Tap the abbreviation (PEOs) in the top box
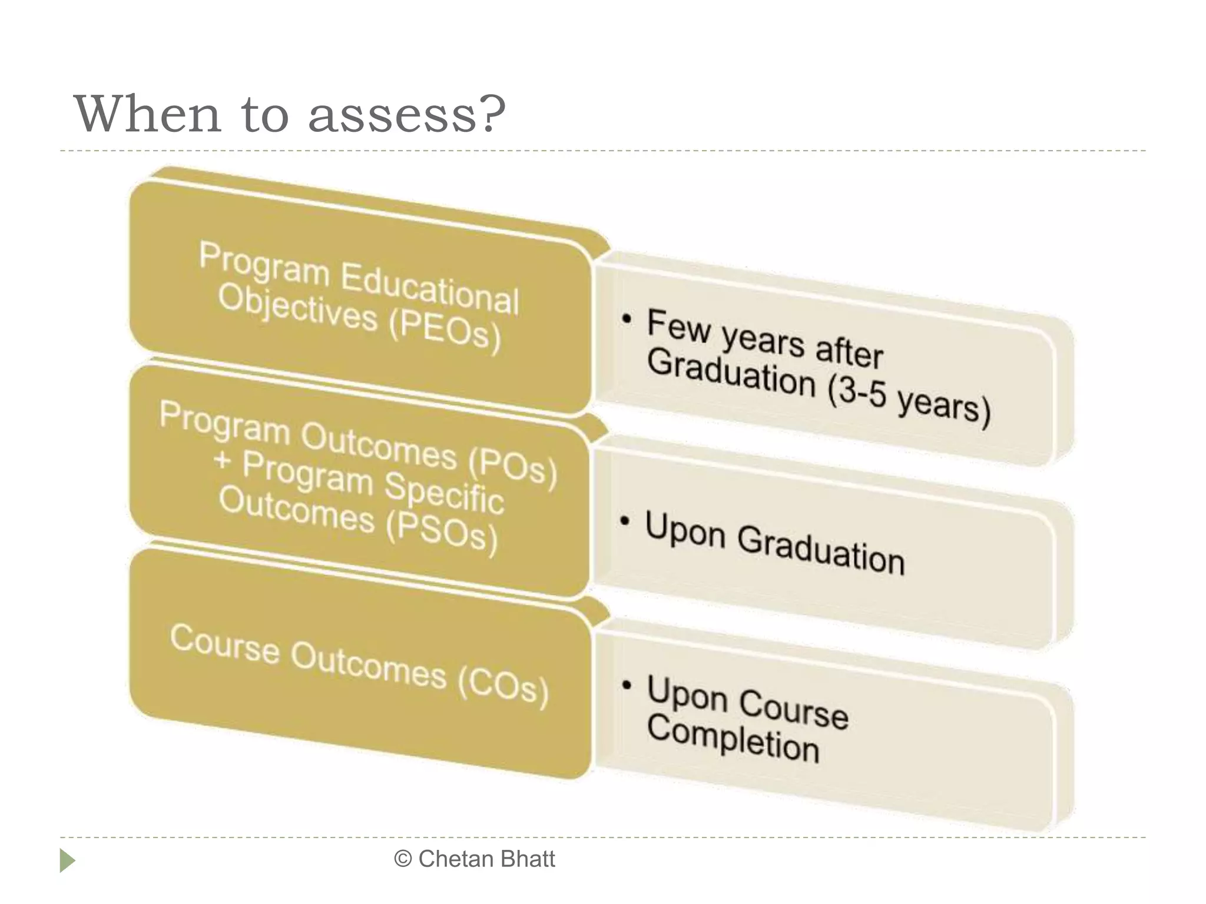click(x=445, y=331)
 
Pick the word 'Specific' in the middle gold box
click(x=445, y=493)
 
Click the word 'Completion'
click(x=733, y=738)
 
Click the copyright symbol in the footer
click(x=403, y=859)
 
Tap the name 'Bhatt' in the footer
click(x=527, y=859)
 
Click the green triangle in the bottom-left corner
click(x=67, y=860)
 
